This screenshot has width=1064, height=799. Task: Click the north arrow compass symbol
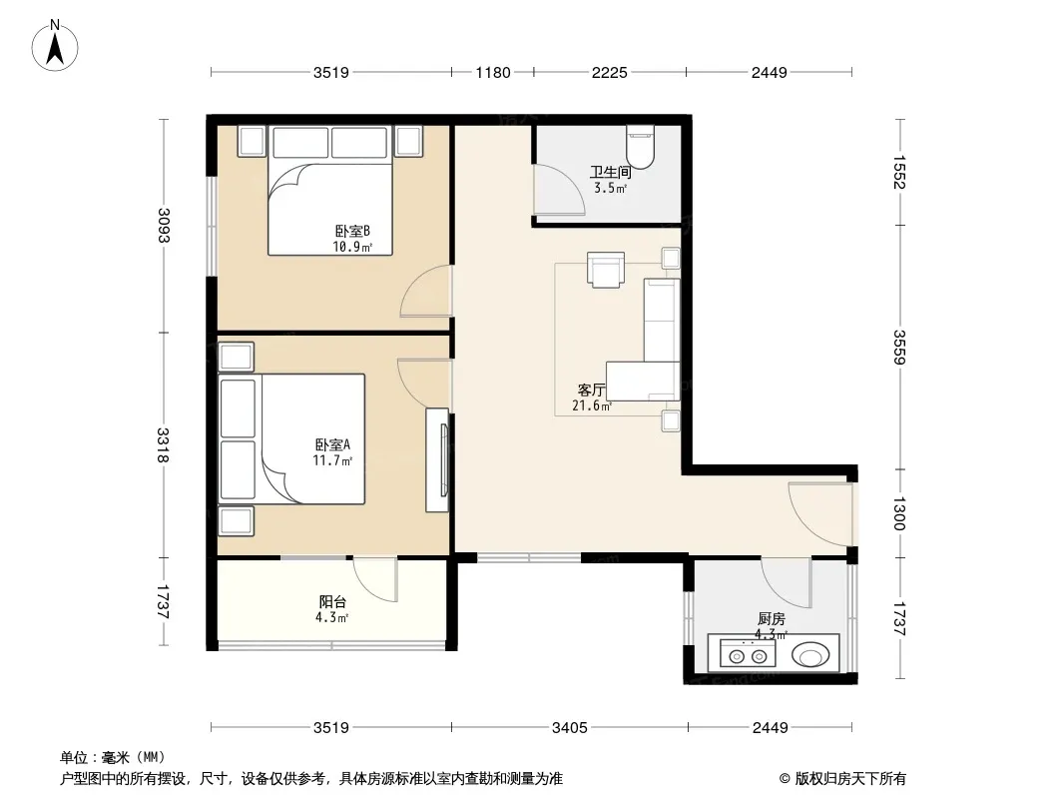55,46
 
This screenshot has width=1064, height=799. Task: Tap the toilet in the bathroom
640,147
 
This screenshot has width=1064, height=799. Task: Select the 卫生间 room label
610,172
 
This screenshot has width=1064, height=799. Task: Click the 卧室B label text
352,231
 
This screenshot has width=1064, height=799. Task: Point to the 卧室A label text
332,444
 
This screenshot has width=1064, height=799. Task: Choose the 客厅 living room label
591,391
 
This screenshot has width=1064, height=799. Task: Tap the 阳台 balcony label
332,601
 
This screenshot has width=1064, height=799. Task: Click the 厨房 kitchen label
772,618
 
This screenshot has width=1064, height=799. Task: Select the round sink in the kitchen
810,656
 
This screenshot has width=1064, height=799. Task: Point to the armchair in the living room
605,271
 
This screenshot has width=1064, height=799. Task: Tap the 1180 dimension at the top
493,72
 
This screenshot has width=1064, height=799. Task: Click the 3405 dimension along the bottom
569,728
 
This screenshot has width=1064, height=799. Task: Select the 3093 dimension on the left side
164,225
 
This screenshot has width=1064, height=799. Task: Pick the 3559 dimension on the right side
899,347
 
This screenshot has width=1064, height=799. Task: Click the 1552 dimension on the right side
899,173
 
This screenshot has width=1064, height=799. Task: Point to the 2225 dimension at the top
610,72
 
